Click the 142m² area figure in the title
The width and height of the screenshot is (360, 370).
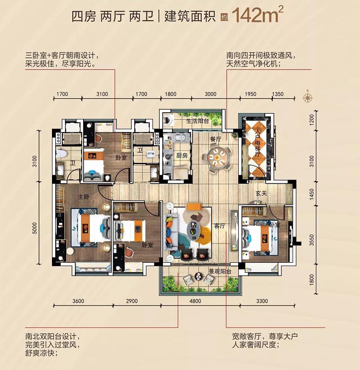[x=257, y=15]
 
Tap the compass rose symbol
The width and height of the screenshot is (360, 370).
[x=308, y=97]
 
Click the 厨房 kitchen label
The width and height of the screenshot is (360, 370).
[x=182, y=155]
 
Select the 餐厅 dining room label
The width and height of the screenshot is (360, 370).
[x=215, y=139]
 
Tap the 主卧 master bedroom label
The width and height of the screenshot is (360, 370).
[x=84, y=196]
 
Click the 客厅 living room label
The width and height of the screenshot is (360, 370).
[x=219, y=226]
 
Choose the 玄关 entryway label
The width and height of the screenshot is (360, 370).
[x=261, y=193]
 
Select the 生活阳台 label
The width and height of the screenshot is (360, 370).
[x=197, y=121]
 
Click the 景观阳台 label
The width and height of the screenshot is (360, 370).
[x=220, y=271]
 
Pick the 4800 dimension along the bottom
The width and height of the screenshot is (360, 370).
[x=195, y=301]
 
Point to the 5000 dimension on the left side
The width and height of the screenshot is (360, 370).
[x=35, y=228]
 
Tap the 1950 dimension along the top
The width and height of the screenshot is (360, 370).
[x=250, y=94]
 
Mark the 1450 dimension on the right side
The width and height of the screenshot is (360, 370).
[x=312, y=195]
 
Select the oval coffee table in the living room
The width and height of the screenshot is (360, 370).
[x=193, y=228]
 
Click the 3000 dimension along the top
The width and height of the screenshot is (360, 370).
[x=210, y=94]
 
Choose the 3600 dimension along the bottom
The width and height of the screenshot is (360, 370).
[x=78, y=301]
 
